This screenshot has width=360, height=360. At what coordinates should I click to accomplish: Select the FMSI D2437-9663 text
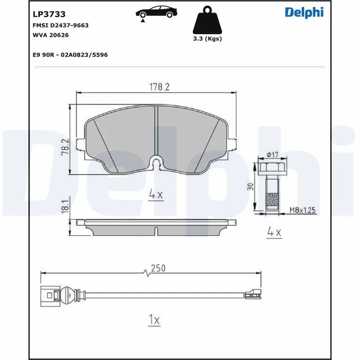61,25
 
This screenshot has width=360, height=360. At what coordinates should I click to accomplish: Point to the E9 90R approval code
70,54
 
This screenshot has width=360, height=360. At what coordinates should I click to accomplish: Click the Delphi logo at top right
304,13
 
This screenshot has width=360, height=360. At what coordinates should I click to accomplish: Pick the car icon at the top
155,12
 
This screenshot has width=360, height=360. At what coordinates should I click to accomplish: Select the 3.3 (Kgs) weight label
207,39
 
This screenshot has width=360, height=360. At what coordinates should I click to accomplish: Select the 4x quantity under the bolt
274,232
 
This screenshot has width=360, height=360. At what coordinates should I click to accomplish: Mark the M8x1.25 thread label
302,209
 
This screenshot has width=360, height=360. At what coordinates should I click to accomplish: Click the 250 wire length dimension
158,268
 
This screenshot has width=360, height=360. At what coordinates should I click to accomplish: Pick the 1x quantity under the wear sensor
154,320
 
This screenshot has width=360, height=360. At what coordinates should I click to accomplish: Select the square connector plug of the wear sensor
48,295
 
